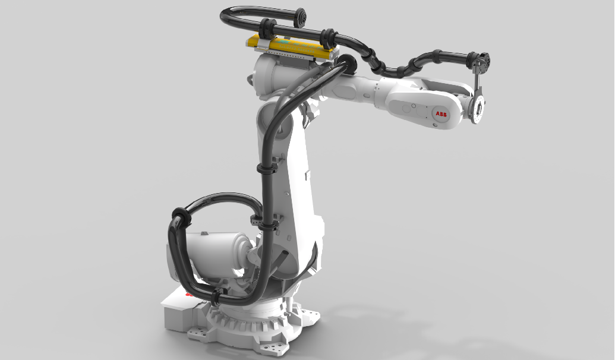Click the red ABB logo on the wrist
point(441,114)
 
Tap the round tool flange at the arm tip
point(478,110)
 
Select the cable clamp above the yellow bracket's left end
point(266,30)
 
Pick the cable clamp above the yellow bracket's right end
point(327,37)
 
